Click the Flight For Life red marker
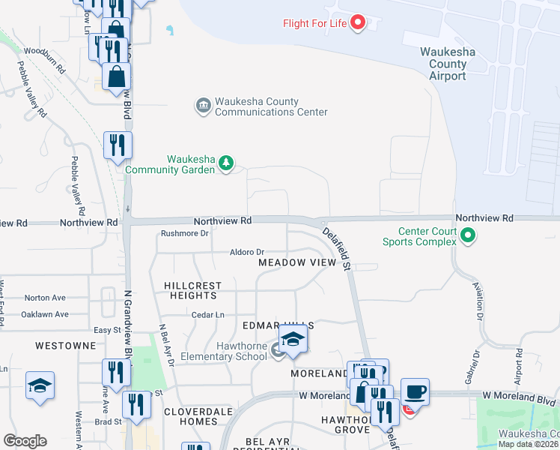click(x=357, y=22)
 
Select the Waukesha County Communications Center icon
click(x=203, y=106)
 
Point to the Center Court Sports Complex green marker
click(x=468, y=237)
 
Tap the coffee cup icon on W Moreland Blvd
click(x=415, y=391)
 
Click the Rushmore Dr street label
click(x=184, y=233)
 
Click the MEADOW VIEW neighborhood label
click(x=297, y=263)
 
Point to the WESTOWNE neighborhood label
click(x=65, y=346)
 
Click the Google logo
click(x=25, y=441)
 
